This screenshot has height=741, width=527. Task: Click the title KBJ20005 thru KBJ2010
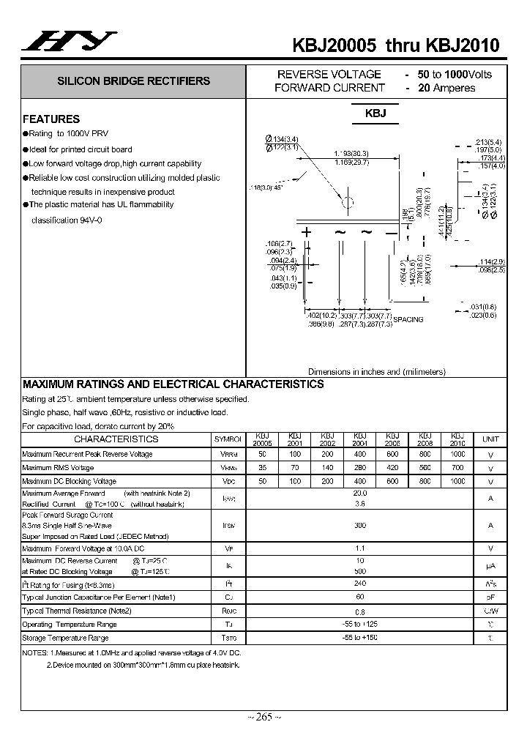(395, 45)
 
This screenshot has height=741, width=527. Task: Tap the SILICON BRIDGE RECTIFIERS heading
(134, 81)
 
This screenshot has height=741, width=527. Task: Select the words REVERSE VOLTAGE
(329, 74)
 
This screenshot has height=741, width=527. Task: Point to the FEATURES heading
(51, 119)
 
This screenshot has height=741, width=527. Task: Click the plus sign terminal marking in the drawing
(307, 232)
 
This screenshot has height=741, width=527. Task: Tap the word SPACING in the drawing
(408, 319)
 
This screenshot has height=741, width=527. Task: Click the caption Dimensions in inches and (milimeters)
(375, 371)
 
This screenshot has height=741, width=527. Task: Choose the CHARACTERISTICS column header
(116, 439)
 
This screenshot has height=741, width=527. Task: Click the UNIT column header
(490, 439)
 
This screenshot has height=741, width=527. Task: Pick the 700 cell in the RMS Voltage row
(457, 467)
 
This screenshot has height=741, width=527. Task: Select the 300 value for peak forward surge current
(360, 526)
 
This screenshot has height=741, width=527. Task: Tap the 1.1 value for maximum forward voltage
(360, 548)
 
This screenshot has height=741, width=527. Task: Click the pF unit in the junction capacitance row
(490, 597)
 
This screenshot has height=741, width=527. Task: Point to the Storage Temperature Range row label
(70, 638)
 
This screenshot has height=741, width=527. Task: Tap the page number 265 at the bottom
(263, 717)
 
